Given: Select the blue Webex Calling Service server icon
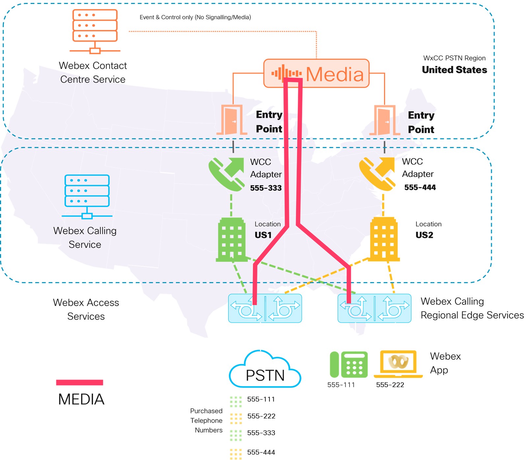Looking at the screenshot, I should pyautogui.click(x=87, y=196).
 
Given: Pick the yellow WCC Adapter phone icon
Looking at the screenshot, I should pyautogui.click(x=377, y=174).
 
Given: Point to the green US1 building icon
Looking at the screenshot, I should pyautogui.click(x=231, y=240).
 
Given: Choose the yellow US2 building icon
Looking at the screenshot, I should pyautogui.click(x=383, y=239).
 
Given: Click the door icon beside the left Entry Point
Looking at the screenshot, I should pyautogui.click(x=232, y=120).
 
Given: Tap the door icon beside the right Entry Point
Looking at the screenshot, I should pyautogui.click(x=384, y=120).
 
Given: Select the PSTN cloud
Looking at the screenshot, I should pyautogui.click(x=265, y=371).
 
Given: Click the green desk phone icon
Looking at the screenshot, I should pyautogui.click(x=349, y=364).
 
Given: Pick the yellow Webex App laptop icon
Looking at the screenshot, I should pyautogui.click(x=398, y=363).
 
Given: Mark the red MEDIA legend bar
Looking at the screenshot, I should pyautogui.click(x=79, y=382).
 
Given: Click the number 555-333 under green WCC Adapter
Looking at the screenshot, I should pyautogui.click(x=265, y=188).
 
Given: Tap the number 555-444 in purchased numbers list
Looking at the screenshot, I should pyautogui.click(x=261, y=452).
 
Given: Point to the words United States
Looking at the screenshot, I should pyautogui.click(x=454, y=70).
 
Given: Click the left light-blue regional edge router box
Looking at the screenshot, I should pyautogui.click(x=265, y=308).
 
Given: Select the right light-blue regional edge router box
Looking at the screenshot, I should pyautogui.click(x=374, y=308).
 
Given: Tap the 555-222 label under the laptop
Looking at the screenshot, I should pyautogui.click(x=390, y=385).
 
